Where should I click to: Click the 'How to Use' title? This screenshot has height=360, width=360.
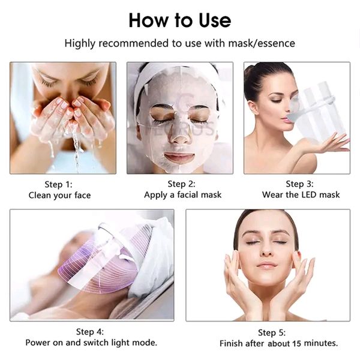point(179,20)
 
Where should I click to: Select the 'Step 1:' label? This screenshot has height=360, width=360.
point(59,184)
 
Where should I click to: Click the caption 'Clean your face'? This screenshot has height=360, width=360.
point(59,195)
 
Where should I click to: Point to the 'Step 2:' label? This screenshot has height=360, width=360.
point(181,184)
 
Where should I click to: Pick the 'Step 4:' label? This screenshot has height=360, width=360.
point(90,331)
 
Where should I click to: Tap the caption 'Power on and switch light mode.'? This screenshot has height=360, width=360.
point(91,343)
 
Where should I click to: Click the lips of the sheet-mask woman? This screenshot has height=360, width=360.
point(179,157)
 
